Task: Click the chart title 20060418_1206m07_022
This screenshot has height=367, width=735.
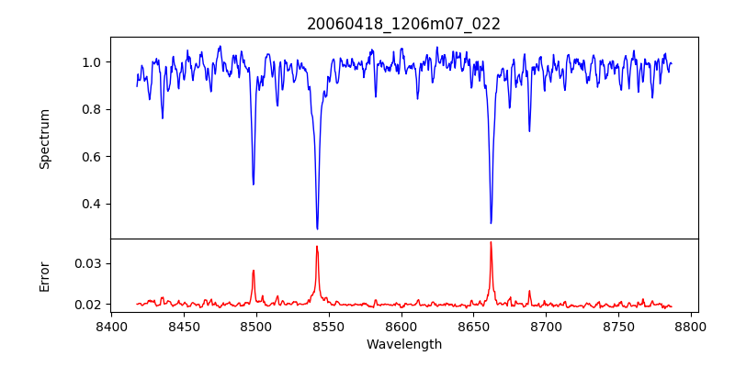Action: [x=403, y=24]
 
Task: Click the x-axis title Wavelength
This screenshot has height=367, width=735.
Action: [x=403, y=344]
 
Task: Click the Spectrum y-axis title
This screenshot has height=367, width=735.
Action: [x=45, y=139]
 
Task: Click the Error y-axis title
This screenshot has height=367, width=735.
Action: [x=45, y=276]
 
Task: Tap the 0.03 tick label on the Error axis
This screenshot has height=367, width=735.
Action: [x=91, y=263]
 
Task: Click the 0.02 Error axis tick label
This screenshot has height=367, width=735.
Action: [x=91, y=305]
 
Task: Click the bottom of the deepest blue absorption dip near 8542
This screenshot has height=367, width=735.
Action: [x=317, y=228]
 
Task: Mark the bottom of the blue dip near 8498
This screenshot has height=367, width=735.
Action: [x=254, y=184]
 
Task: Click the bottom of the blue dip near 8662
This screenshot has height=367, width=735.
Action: [x=491, y=223]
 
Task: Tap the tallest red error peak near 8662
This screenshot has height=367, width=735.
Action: [x=491, y=242]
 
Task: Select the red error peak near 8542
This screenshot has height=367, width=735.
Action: [x=317, y=246]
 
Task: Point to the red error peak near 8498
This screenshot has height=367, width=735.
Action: [x=254, y=271]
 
